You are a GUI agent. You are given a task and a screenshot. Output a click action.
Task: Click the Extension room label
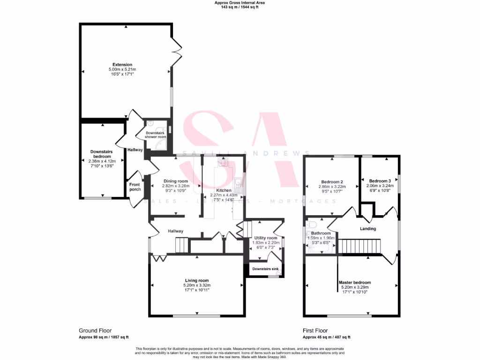point(122,65)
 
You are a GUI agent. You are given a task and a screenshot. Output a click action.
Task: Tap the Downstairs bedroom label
point(101,154)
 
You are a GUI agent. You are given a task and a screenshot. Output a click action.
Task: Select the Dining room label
point(175,181)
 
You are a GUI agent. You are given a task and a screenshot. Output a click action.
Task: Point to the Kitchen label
point(224,190)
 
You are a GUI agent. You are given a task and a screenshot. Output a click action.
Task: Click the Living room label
point(197,280)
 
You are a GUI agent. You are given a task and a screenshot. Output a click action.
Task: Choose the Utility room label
point(266,238)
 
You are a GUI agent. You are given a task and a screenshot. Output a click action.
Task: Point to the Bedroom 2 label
point(332,182)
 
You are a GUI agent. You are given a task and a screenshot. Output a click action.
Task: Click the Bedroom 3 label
point(380,181)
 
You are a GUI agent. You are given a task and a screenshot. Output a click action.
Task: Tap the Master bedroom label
point(355,283)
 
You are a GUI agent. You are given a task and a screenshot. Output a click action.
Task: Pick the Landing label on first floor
point(368,229)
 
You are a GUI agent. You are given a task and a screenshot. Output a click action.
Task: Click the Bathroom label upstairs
point(321,233)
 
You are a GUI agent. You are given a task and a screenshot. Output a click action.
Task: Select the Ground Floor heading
point(95,330)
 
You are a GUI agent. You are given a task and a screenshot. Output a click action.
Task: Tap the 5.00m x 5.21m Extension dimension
point(122,69)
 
